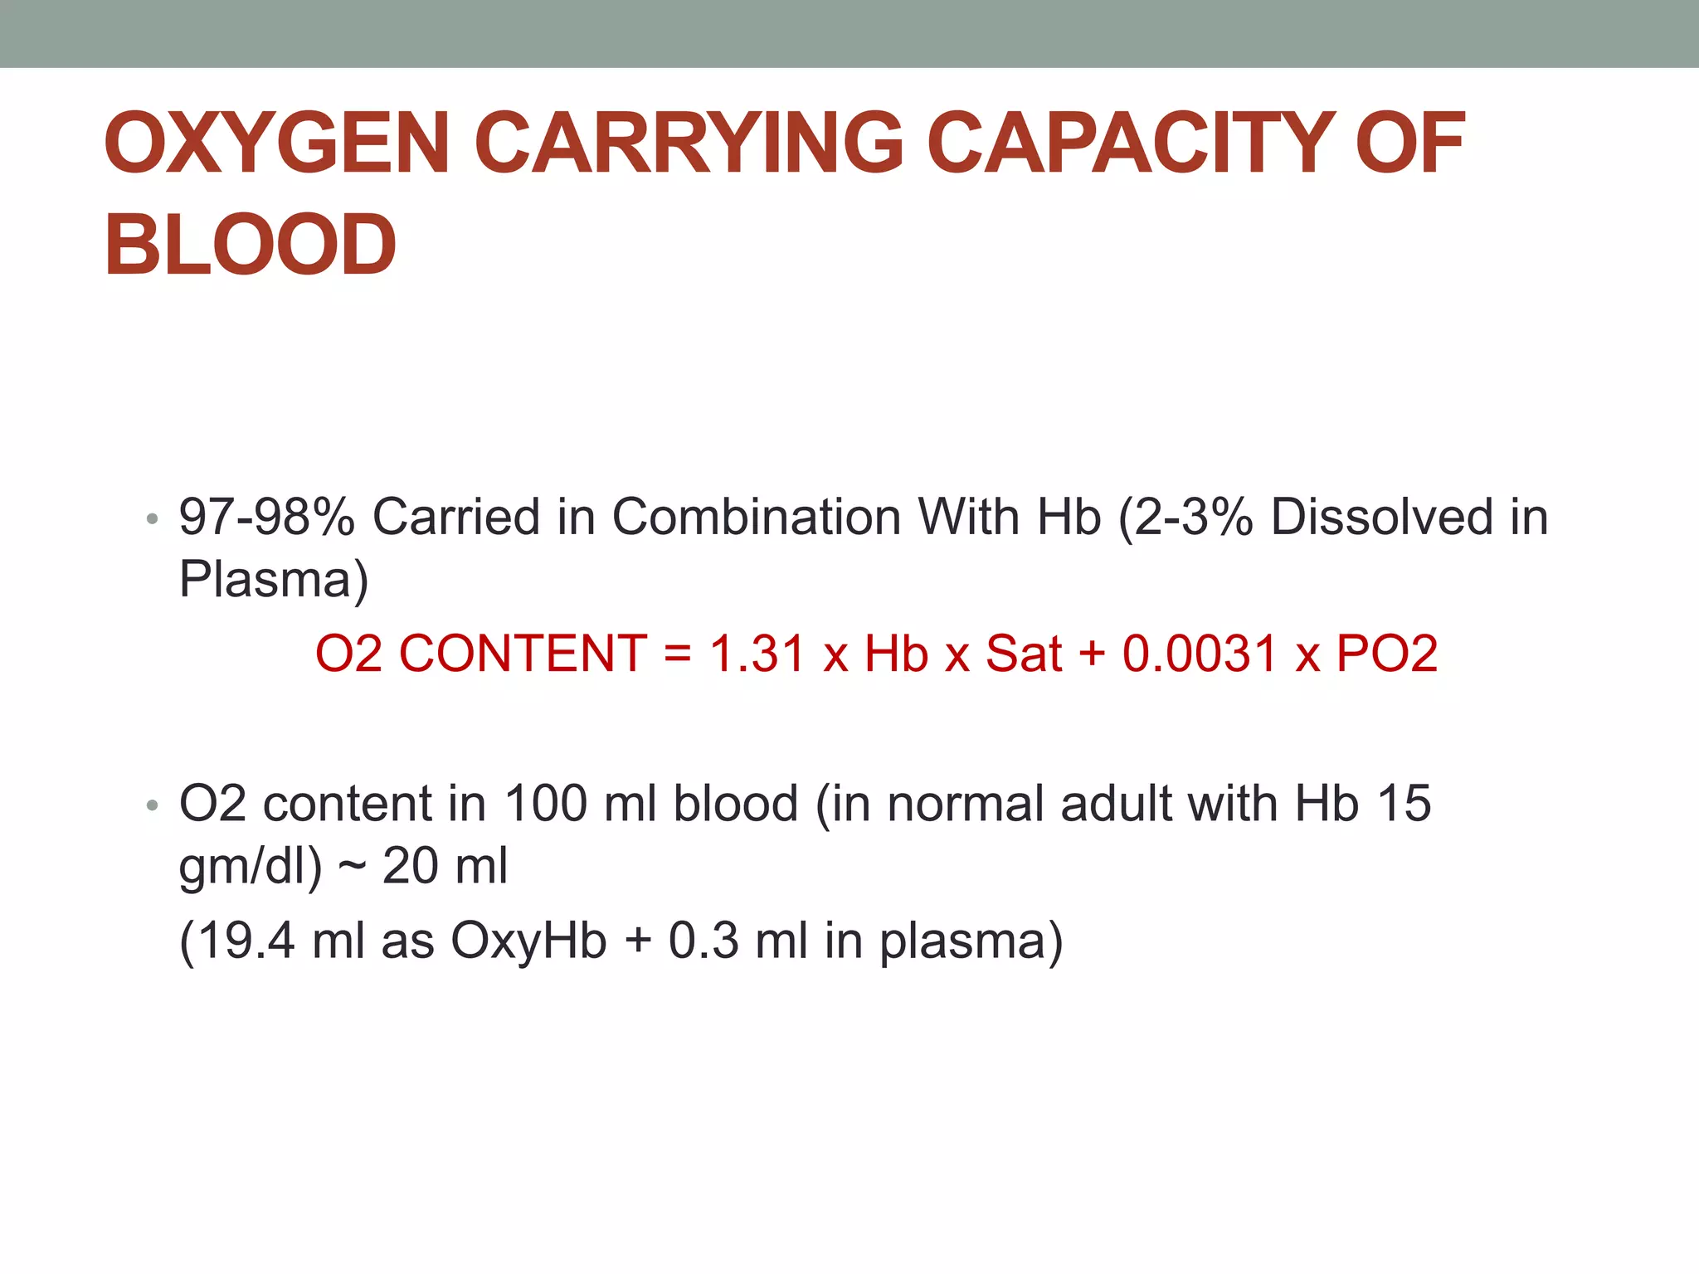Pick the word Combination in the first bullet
[756, 517]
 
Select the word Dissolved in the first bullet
[1380, 517]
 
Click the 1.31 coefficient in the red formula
[757, 654]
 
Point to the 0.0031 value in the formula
[1199, 654]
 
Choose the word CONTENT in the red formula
[523, 654]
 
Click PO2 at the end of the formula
[1386, 654]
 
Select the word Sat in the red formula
[1023, 654]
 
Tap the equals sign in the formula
[678, 654]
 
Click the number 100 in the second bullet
[546, 804]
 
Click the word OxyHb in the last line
[528, 942]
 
